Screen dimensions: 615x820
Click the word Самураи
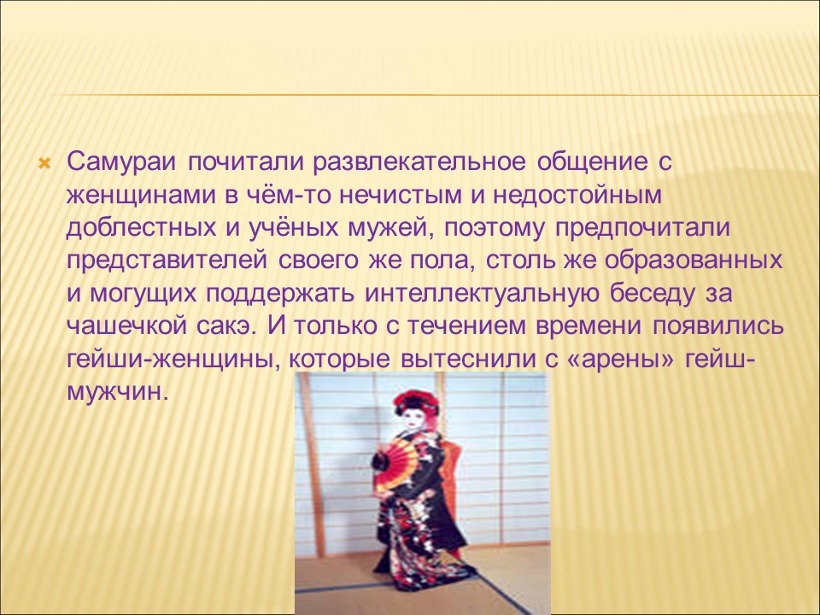point(122,161)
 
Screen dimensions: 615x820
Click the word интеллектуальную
point(479,295)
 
